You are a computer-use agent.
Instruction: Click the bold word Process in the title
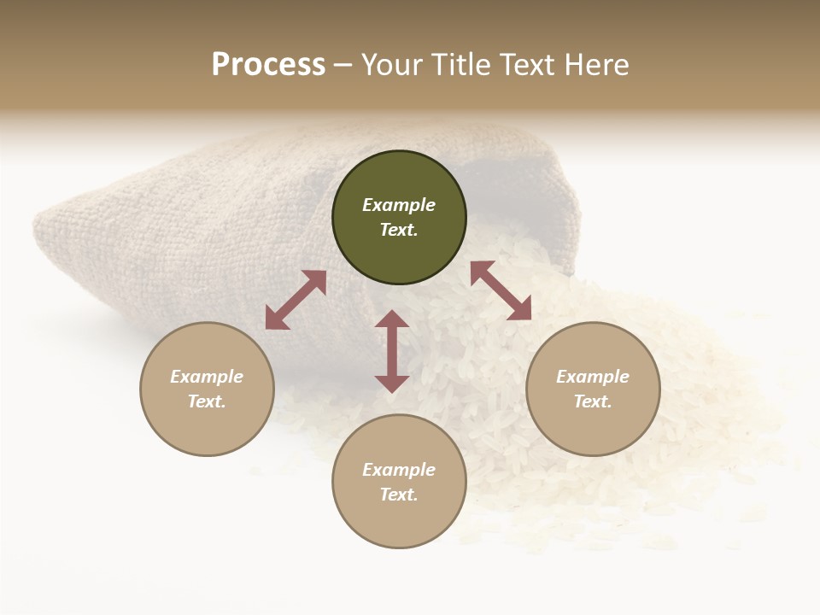pyautogui.click(x=268, y=65)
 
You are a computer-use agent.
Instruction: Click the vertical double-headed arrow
pyautogui.click(x=392, y=351)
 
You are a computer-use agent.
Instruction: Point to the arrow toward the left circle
pyautogui.click(x=296, y=300)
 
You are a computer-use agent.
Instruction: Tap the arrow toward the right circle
pyautogui.click(x=501, y=290)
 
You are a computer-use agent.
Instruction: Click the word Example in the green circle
pyautogui.click(x=399, y=205)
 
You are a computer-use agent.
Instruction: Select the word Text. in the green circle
pyautogui.click(x=399, y=230)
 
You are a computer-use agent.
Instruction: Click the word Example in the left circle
pyautogui.click(x=207, y=377)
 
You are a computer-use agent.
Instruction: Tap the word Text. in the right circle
pyautogui.click(x=593, y=401)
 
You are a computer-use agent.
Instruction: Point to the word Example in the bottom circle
pyautogui.click(x=399, y=470)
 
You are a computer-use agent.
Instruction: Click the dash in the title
pyautogui.click(x=343, y=66)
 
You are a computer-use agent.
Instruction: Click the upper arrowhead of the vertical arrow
pyautogui.click(x=392, y=319)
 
